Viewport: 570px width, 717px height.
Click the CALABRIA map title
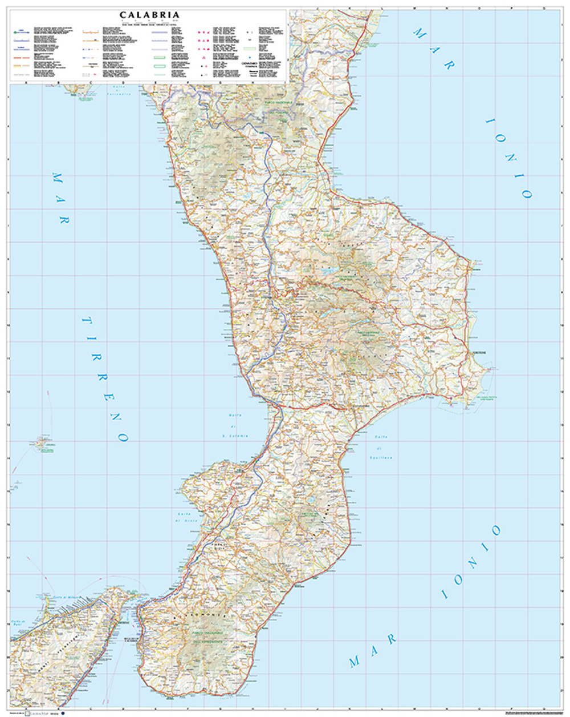[x=150, y=15]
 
